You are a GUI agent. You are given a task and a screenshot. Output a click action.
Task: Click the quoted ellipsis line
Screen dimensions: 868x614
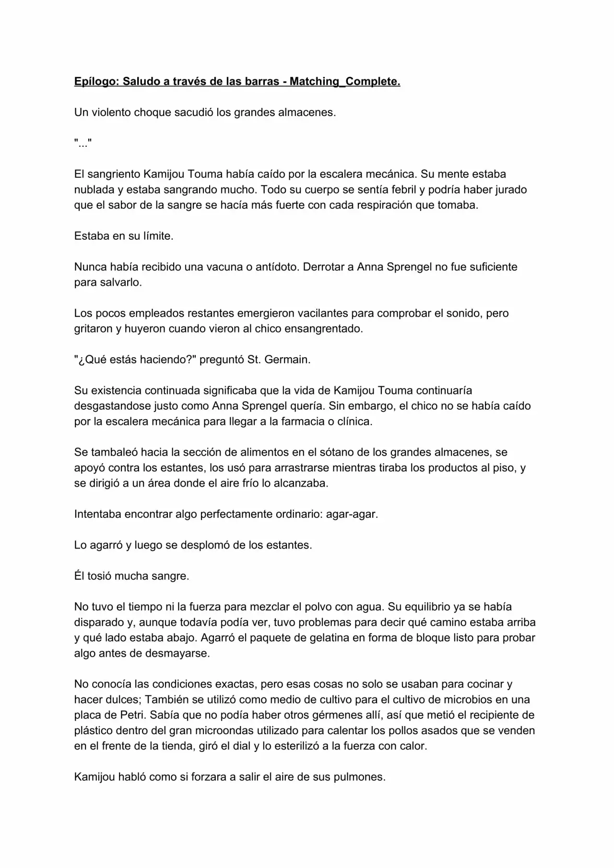(83, 143)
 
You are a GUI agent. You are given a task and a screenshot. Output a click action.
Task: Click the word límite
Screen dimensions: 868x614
(158, 236)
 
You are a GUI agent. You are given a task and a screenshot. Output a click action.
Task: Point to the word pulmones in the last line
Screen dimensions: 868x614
(361, 777)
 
